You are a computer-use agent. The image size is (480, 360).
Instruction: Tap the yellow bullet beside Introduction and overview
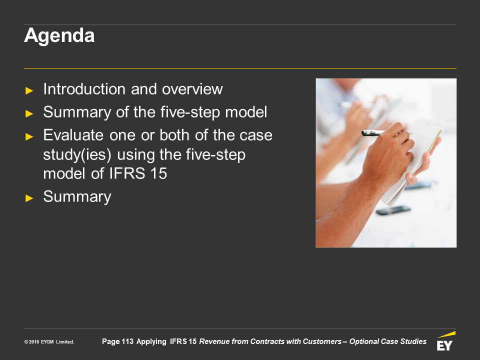pos(29,90)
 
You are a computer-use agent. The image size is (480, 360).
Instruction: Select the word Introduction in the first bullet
pos(84,89)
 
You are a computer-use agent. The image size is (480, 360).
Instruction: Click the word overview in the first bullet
pos(192,89)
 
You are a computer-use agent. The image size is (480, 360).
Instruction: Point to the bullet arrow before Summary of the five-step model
pos(29,113)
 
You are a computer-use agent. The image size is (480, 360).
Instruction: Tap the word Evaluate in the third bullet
pos(73,135)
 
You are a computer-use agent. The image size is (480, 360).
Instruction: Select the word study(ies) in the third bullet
pos(77,155)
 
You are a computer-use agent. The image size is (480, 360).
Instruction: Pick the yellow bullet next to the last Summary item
pos(29,198)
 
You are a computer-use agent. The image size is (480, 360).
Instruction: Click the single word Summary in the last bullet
pos(77,197)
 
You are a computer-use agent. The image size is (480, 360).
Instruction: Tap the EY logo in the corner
pos(445,341)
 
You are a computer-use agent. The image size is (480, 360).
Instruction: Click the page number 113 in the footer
pos(127,341)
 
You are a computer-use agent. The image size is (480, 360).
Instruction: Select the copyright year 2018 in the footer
pos(34,342)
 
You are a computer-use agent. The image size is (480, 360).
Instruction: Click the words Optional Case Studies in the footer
pos(388,341)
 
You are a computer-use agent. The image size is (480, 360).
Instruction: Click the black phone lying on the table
pos(393,210)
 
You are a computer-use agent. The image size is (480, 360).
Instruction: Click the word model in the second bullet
pos(246,112)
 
